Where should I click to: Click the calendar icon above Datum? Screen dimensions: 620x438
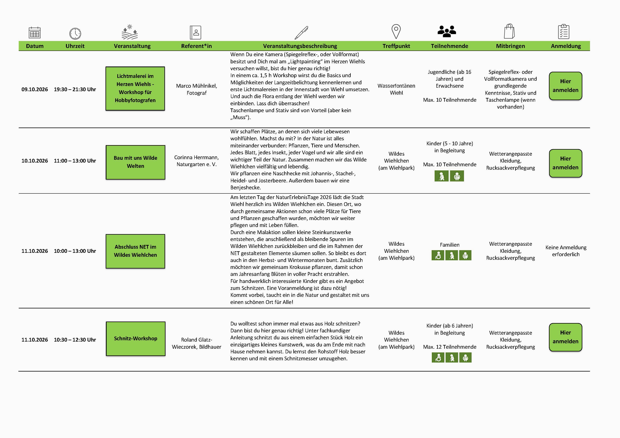[x=34, y=33]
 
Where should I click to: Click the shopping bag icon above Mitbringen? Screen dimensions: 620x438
[x=509, y=31]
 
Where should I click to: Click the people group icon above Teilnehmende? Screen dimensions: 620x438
[x=447, y=31]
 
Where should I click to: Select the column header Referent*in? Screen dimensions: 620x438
[x=196, y=46]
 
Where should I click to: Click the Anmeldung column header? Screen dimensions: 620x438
[x=566, y=46]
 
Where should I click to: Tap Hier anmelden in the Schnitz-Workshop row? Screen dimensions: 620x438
[x=565, y=337]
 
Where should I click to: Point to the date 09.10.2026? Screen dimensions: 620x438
[x=34, y=89]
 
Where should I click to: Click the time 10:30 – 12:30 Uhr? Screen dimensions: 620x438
[x=75, y=340]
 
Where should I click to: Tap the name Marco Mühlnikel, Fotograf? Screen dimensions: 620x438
[x=197, y=89]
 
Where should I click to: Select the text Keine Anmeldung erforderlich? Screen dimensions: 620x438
[x=566, y=251]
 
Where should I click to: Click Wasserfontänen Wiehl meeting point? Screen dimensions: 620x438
[x=396, y=89]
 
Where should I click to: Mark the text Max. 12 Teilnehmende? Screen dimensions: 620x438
[x=450, y=347]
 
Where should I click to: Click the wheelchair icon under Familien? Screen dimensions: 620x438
[x=438, y=255]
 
